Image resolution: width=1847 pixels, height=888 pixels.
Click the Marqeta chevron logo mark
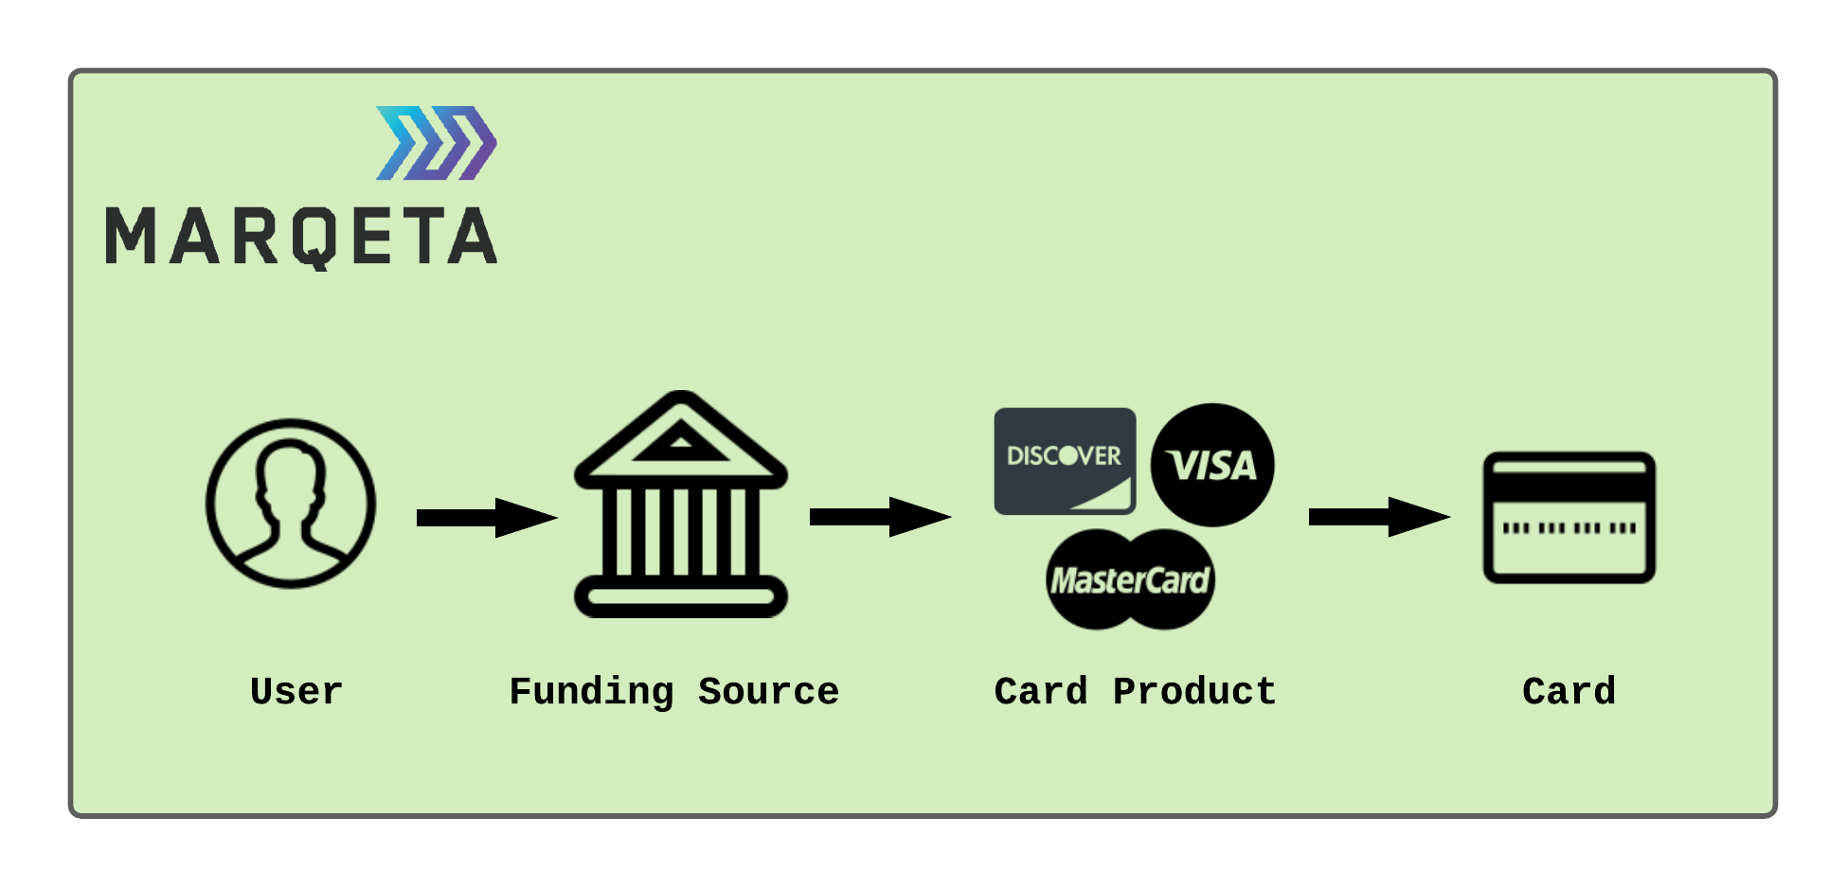click(x=437, y=143)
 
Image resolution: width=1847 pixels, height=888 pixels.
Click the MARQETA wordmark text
click(x=301, y=237)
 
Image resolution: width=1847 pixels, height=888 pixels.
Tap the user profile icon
click(x=291, y=504)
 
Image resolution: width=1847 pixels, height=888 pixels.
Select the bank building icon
click(x=680, y=506)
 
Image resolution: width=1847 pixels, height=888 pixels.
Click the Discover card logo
click(x=1065, y=461)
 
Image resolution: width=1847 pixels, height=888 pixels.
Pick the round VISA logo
click(x=1211, y=465)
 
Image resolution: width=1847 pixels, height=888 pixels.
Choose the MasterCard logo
click(x=1130, y=579)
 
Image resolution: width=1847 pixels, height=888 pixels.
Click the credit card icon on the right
click(x=1569, y=518)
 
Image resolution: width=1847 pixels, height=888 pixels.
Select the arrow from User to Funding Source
click(x=486, y=518)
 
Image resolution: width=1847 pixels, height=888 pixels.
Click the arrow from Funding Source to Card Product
click(x=879, y=517)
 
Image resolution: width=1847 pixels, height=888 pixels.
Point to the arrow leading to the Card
click(x=1378, y=517)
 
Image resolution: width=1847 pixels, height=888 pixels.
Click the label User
click(x=296, y=692)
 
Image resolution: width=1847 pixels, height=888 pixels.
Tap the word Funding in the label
click(x=591, y=692)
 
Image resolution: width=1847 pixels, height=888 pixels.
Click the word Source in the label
click(x=768, y=692)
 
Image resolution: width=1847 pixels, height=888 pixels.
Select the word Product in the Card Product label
click(x=1194, y=692)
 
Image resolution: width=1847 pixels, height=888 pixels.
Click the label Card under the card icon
click(x=1569, y=692)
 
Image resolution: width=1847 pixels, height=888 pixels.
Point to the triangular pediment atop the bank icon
click(x=680, y=438)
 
